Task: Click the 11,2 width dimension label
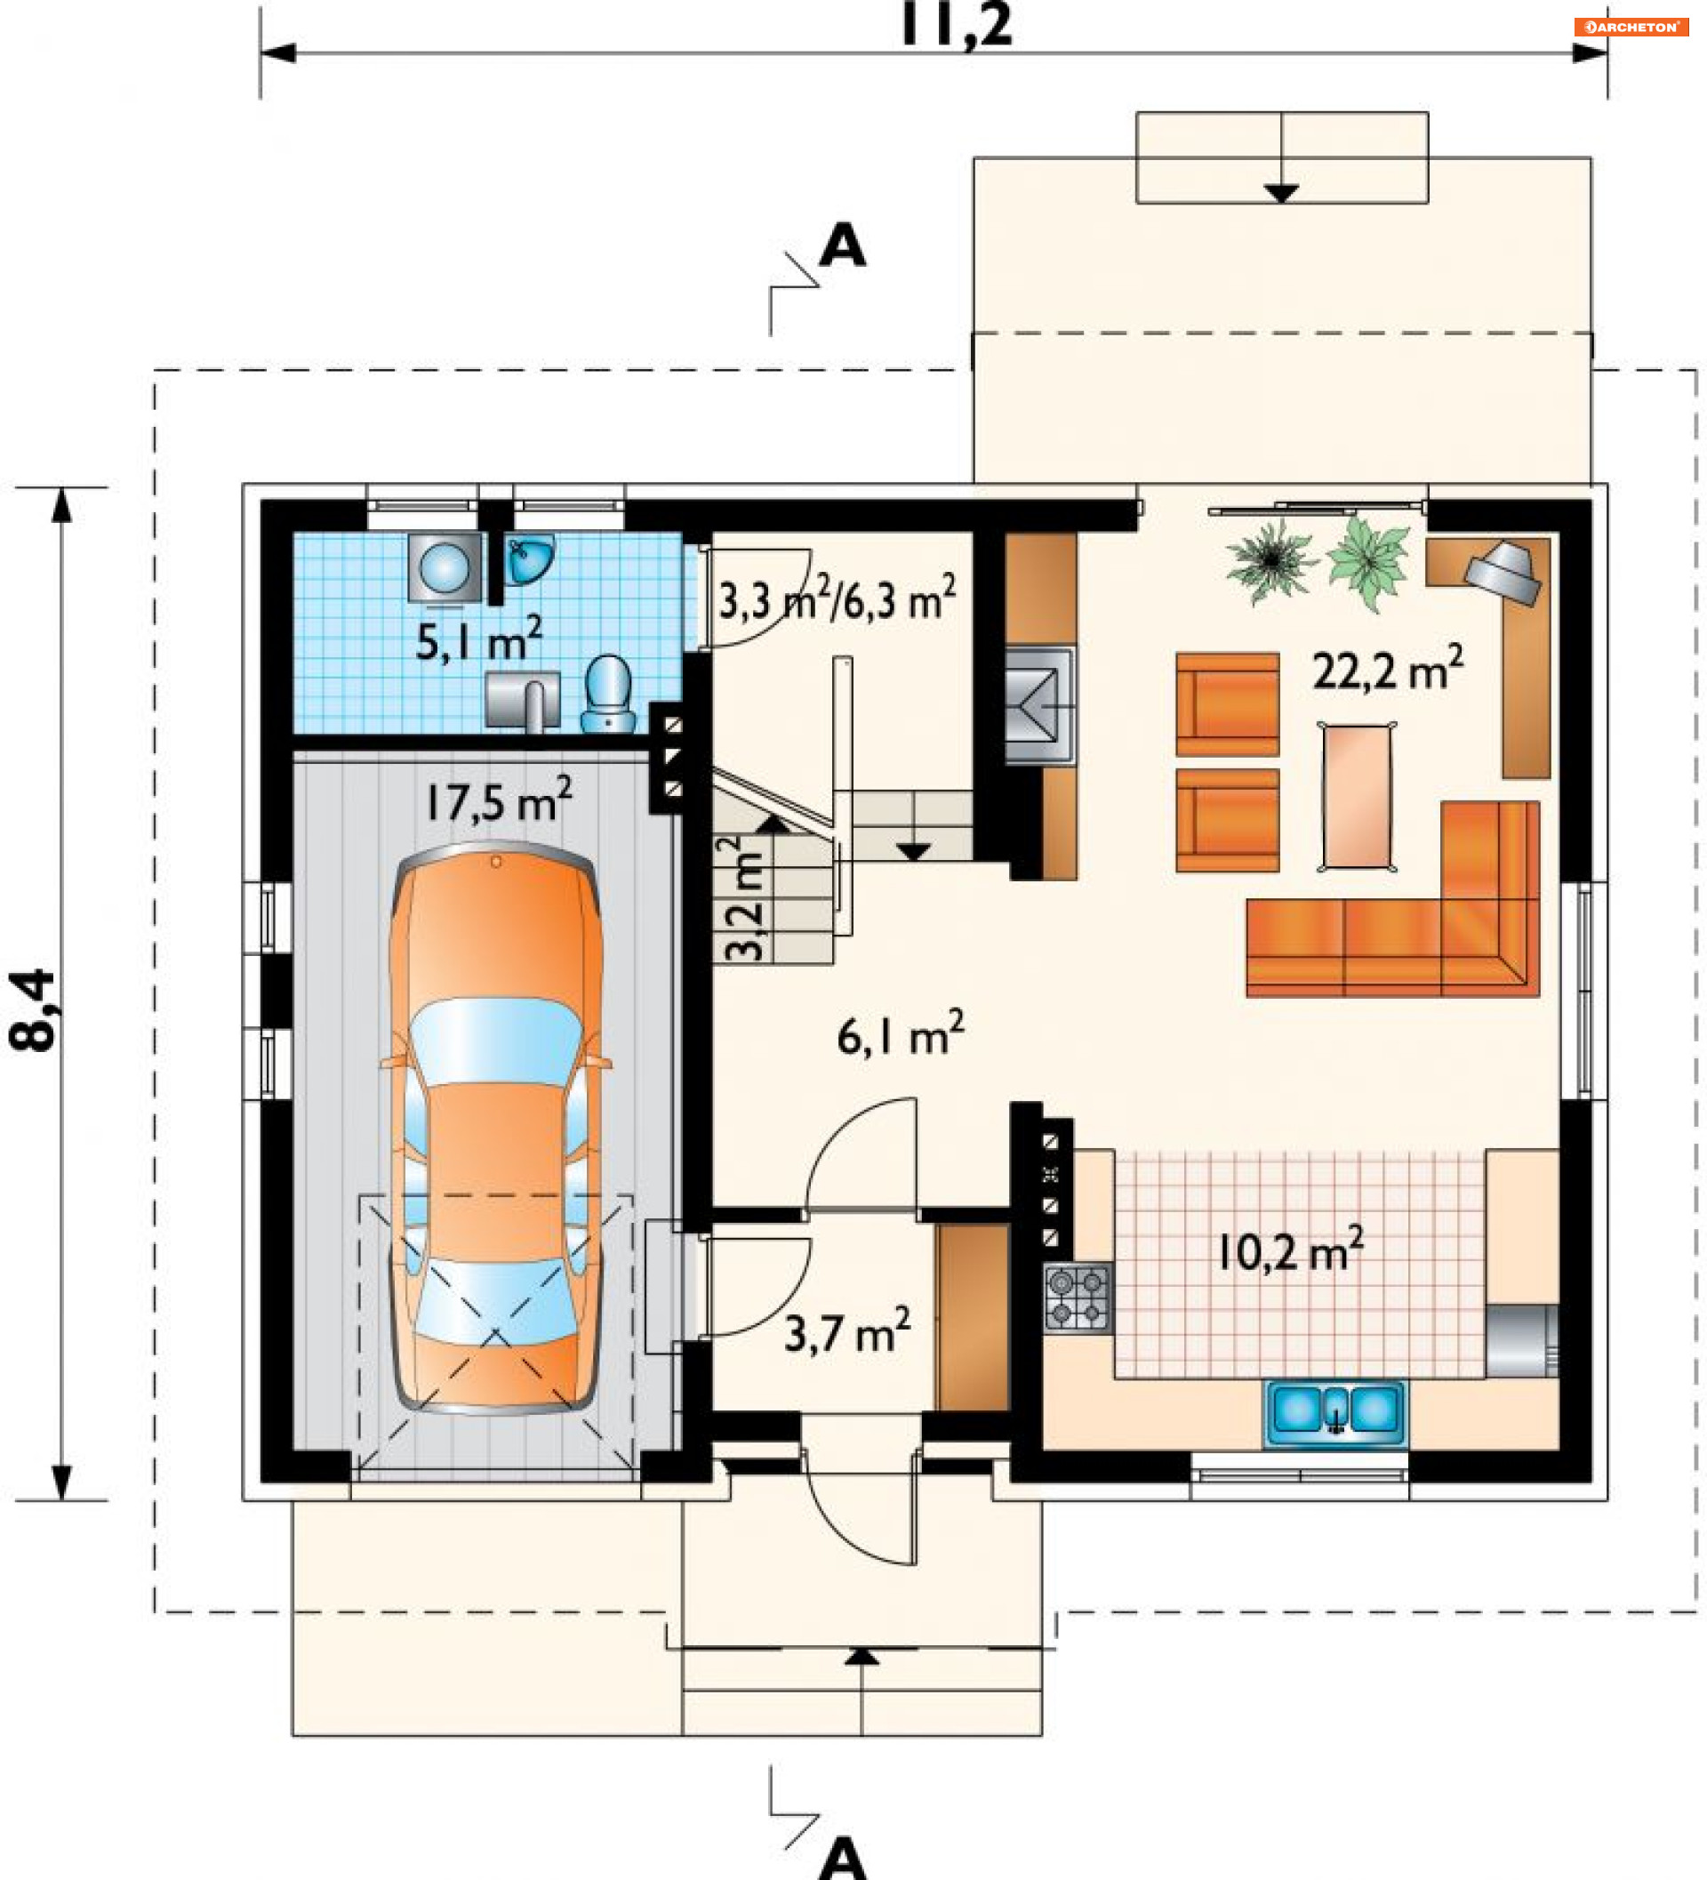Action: click(956, 24)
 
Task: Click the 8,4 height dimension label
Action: click(33, 1011)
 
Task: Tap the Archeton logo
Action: click(1631, 27)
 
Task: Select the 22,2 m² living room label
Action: click(1388, 669)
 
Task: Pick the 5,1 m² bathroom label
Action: click(479, 639)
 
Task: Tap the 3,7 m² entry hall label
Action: click(847, 1330)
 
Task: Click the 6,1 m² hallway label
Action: click(901, 1034)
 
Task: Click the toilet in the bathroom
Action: click(608, 693)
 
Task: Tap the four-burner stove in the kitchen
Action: click(1078, 1298)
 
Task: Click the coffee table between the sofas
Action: click(1357, 797)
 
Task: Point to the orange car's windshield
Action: click(496, 1040)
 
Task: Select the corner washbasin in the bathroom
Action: click(530, 559)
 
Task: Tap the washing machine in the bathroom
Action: click(445, 567)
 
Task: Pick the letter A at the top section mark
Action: click(842, 245)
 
